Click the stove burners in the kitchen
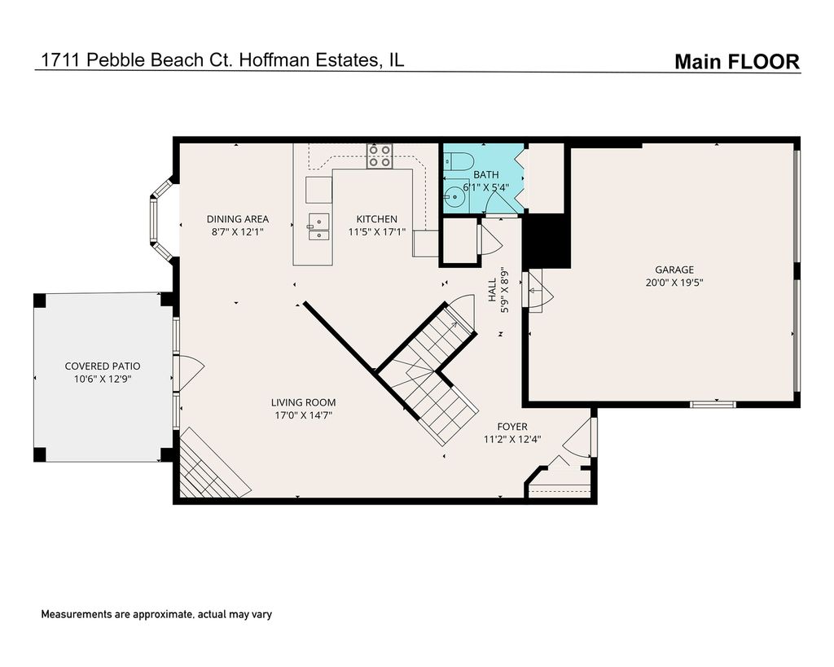click(380, 156)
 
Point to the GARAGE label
click(674, 270)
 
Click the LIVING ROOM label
click(303, 402)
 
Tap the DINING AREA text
click(237, 218)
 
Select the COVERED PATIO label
click(103, 366)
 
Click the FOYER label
click(512, 427)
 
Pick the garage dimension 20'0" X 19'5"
click(674, 283)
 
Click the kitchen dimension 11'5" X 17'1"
click(376, 232)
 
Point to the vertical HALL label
click(493, 290)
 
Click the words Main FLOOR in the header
click(737, 62)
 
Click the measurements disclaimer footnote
click(156, 614)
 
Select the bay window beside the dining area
click(160, 220)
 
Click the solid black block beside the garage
click(546, 241)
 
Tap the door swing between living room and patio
click(189, 372)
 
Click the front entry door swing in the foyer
click(578, 438)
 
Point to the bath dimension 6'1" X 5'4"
click(485, 187)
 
